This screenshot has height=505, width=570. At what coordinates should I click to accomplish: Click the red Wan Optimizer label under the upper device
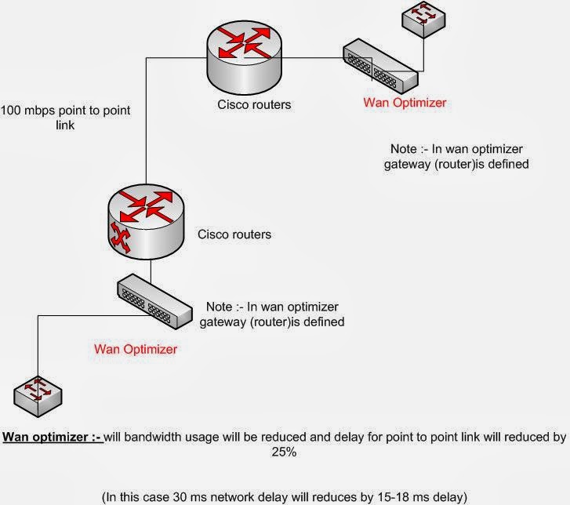coord(405,102)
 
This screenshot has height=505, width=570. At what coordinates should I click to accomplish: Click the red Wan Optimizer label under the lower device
coord(135,348)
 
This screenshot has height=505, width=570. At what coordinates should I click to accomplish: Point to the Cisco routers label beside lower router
coord(234,234)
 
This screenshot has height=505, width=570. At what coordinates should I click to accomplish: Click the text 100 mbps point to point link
coord(65,117)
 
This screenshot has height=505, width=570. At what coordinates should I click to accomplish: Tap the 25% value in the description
coord(285,452)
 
